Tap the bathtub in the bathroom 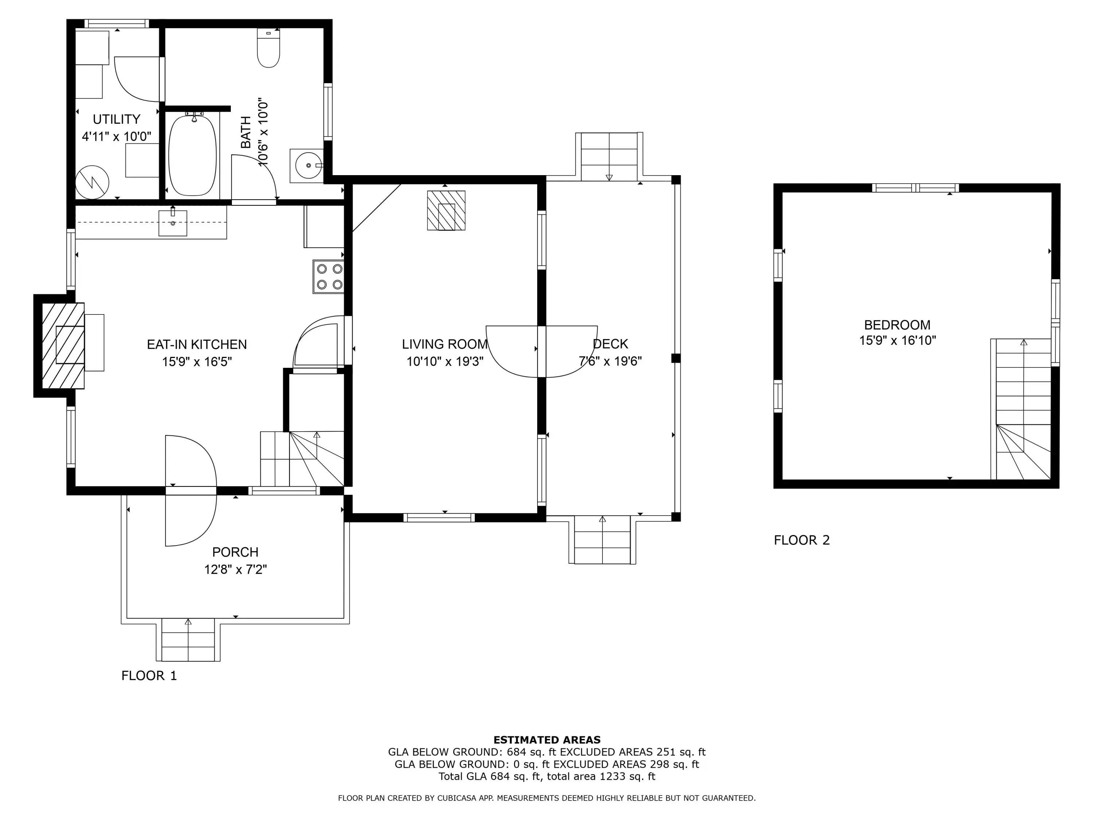(193, 155)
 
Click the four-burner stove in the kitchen (329, 277)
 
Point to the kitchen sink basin (172, 223)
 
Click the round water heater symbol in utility (92, 182)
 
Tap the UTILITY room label (117, 119)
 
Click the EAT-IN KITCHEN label (197, 344)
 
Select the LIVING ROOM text (445, 344)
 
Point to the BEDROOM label (897, 325)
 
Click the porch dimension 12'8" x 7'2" (236, 570)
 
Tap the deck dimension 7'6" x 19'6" (610, 361)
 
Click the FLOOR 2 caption (802, 540)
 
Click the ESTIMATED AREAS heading (547, 740)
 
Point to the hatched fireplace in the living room (446, 210)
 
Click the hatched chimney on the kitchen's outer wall (63, 346)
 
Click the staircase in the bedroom (1023, 409)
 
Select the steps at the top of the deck (609, 157)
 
